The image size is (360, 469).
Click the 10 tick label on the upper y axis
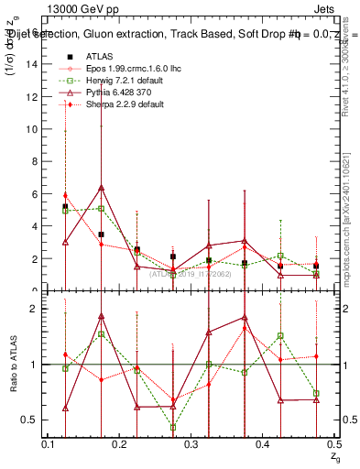tap(34, 129)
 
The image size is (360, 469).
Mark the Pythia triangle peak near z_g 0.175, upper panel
tap(101, 188)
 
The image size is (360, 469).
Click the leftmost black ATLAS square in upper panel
tap(65, 207)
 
